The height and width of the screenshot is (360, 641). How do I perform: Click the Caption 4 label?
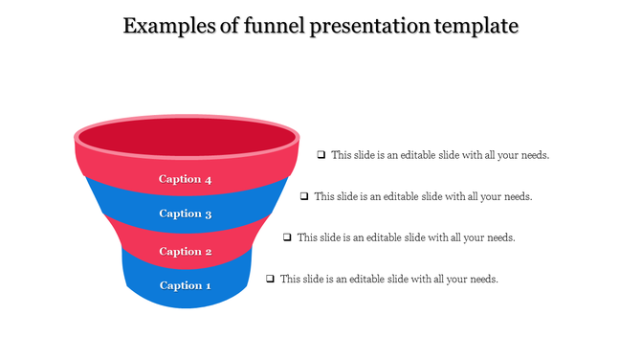pos(185,179)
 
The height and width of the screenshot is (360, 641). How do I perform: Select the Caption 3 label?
pos(185,214)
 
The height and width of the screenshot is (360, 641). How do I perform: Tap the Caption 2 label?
pos(185,252)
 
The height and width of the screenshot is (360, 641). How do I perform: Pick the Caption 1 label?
pos(185,285)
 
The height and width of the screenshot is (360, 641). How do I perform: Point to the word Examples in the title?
pos(169,26)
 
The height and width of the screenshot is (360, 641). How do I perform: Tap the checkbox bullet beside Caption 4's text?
pos(321,154)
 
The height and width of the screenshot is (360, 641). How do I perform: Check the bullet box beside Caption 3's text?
pos(304,196)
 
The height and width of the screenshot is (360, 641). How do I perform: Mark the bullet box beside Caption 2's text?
pos(287,236)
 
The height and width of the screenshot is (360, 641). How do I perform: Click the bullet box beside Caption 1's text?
pos(271,279)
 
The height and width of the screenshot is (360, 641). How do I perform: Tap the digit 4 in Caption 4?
pos(207,179)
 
